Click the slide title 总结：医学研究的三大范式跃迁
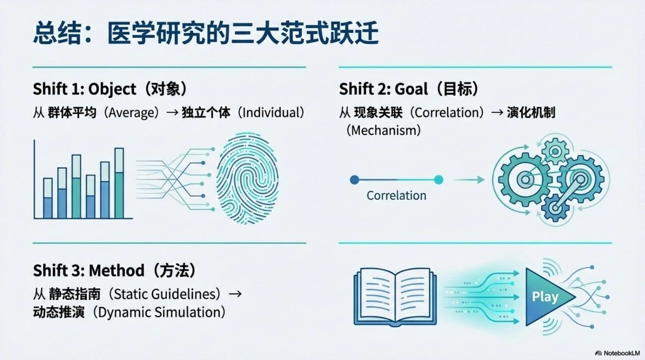click(206, 33)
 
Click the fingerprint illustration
click(247, 178)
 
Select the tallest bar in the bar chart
click(119, 183)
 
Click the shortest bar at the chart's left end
click(48, 199)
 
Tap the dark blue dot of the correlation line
click(354, 179)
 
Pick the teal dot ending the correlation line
click(438, 179)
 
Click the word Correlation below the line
click(396, 196)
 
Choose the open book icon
click(395, 297)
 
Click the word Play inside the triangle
click(545, 296)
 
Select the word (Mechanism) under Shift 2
click(383, 131)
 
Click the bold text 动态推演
click(59, 312)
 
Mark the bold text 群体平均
click(72, 112)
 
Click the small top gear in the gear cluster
click(555, 151)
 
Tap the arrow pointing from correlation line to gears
click(469, 179)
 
